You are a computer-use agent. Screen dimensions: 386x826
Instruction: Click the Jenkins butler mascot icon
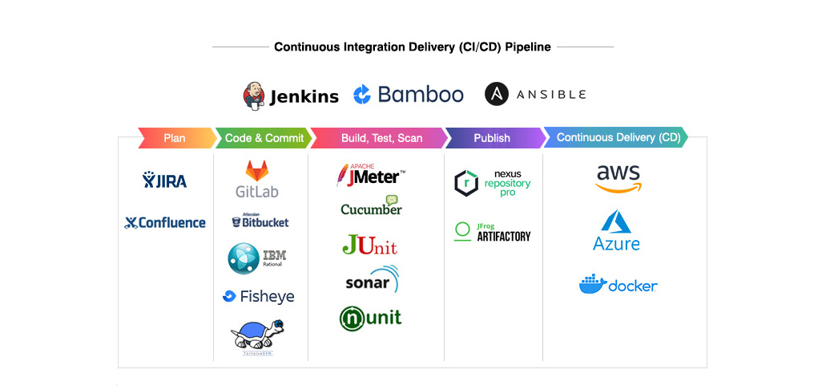tap(254, 95)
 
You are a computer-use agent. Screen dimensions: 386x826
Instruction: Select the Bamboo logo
tap(409, 95)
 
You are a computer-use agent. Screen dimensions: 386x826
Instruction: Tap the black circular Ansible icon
tap(498, 94)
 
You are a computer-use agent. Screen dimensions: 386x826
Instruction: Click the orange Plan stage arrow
tap(175, 138)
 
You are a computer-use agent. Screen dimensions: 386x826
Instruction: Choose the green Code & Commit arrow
tap(264, 138)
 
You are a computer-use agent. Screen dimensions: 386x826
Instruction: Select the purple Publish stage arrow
tap(492, 138)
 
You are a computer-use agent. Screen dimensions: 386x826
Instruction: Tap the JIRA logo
tap(165, 181)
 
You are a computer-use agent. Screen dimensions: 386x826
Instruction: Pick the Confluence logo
tap(165, 222)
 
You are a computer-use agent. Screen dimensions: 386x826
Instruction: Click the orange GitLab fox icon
tap(257, 170)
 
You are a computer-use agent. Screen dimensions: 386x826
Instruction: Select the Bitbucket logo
tap(260, 221)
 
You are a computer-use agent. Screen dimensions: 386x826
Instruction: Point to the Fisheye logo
tap(259, 296)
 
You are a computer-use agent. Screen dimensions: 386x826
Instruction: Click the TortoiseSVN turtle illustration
tap(256, 335)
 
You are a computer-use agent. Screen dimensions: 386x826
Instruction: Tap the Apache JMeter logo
tap(370, 174)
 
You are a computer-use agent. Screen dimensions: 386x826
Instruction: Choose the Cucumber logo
tap(371, 206)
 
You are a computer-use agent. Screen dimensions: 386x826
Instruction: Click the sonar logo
tap(372, 281)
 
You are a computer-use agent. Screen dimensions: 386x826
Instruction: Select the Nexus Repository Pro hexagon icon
tap(465, 183)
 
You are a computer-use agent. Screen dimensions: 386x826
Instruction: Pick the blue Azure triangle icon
tap(616, 221)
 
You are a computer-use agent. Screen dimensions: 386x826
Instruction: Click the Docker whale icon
tap(592, 284)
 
